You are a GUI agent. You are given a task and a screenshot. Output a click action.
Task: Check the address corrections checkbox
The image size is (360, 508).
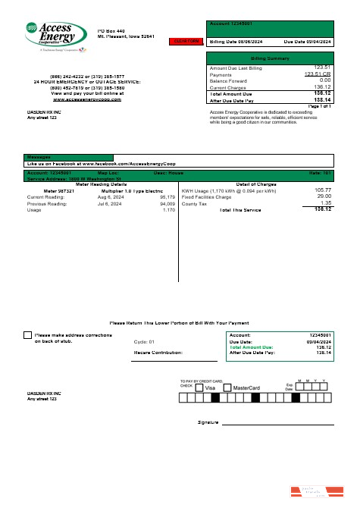click(27, 334)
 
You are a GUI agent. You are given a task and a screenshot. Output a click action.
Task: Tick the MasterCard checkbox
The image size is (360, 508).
click(228, 387)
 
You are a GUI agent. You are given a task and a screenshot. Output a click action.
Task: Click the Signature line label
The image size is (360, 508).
click(208, 422)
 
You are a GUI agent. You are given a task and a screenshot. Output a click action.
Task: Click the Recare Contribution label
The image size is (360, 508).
click(158, 353)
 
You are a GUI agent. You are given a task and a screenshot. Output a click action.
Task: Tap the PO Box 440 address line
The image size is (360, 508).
click(111, 30)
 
